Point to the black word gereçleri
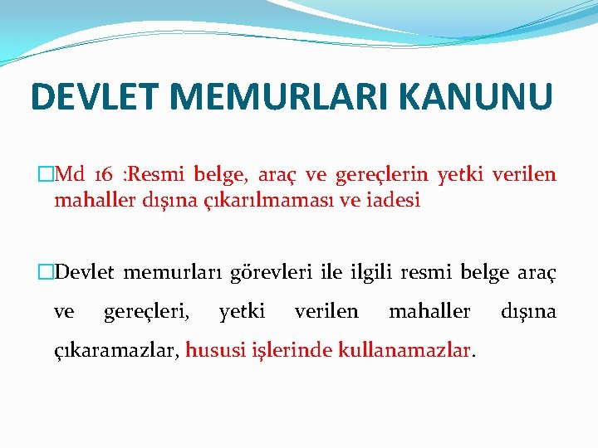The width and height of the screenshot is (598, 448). point(146,312)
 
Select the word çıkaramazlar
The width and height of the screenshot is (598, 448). point(116,351)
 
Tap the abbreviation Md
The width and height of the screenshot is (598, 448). point(69,175)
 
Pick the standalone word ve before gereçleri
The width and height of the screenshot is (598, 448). point(63,312)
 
